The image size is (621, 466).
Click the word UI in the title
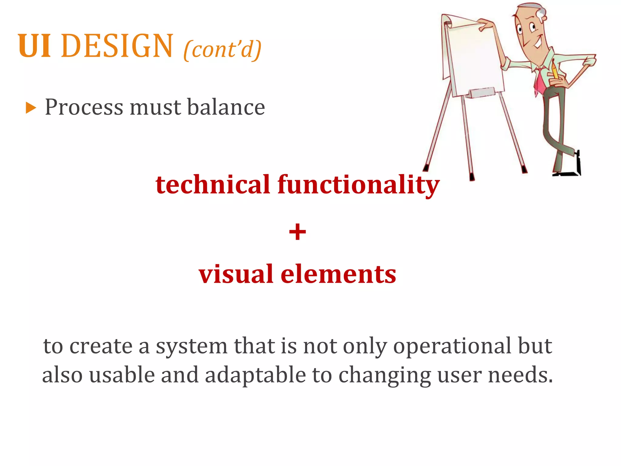coord(34,46)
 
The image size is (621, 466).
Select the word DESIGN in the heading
coord(117,46)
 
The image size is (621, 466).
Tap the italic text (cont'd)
coord(222,49)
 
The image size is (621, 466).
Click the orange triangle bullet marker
coord(31,108)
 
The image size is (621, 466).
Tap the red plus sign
coord(297,232)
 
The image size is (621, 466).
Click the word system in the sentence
coord(191,346)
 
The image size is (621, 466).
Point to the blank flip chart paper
coord(475,58)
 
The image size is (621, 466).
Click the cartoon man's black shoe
coord(570,171)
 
